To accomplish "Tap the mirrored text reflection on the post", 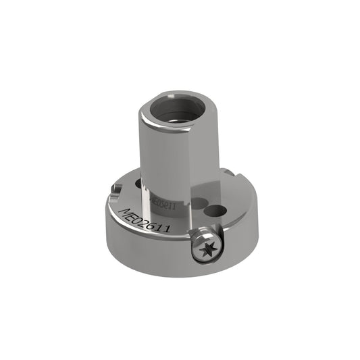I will tap(162, 201).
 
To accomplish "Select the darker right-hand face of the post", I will tap(207, 155).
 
